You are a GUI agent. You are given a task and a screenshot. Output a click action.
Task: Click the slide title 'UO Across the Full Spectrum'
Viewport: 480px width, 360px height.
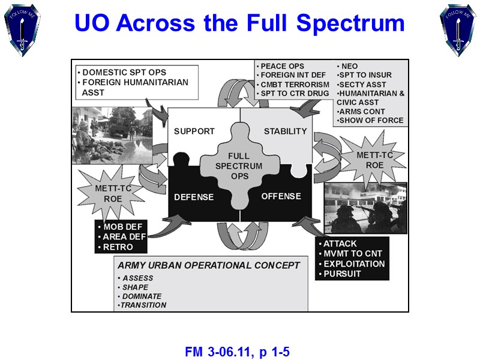239,23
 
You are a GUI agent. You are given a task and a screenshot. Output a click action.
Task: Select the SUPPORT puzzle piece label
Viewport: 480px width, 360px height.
194,131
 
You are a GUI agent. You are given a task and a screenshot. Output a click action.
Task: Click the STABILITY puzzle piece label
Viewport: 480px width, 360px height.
285,131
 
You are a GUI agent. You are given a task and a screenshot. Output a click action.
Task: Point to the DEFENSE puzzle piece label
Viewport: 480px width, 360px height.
194,197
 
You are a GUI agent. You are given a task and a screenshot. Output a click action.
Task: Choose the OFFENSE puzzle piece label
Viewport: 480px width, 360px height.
281,196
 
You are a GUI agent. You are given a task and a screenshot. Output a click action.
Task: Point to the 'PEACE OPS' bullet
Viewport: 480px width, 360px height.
282,66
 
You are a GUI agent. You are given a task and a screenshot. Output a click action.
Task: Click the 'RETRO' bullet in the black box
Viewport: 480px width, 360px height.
118,247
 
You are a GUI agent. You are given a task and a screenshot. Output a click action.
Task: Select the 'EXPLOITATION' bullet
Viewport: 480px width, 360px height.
354,263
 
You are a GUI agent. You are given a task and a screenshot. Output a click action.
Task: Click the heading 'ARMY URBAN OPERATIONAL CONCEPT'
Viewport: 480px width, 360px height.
209,265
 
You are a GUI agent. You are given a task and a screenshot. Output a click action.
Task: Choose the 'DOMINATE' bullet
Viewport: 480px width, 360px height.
142,296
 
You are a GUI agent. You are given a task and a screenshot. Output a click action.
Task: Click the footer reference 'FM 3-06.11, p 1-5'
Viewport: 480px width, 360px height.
238,351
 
